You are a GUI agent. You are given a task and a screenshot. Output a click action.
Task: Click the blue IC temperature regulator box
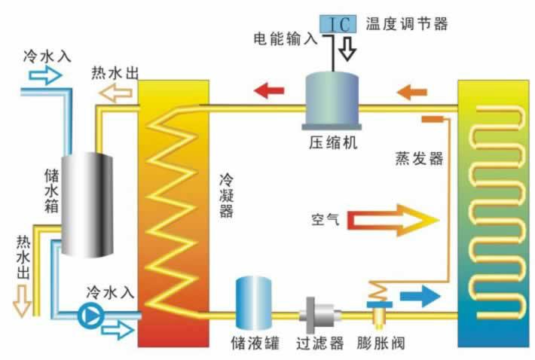338,24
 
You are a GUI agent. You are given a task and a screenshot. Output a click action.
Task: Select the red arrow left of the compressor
269,90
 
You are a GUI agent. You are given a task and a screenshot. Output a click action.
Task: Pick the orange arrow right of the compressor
412,92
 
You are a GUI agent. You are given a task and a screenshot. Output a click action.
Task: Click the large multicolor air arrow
393,220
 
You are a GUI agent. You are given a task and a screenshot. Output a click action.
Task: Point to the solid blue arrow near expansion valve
420,296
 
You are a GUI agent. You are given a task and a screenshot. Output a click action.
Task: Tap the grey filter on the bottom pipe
319,316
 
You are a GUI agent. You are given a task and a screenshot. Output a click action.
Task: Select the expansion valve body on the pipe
380,313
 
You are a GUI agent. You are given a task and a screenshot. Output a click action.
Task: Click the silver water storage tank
87,205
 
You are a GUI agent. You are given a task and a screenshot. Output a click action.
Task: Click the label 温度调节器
407,24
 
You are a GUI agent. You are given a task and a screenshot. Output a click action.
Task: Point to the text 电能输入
286,38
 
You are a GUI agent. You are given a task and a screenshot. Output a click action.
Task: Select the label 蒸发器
419,158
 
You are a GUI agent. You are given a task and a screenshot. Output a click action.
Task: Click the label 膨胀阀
381,343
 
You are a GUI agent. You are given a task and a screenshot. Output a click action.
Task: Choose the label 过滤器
319,343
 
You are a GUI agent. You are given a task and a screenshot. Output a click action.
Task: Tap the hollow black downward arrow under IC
347,47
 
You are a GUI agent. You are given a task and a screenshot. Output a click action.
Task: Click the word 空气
326,220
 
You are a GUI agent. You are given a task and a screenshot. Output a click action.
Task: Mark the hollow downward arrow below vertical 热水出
22,301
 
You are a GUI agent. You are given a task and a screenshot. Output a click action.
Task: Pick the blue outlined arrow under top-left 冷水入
45,75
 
